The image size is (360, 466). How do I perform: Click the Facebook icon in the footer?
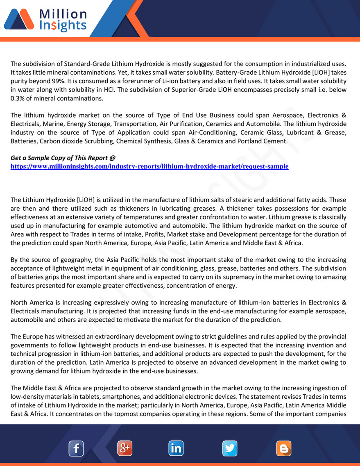76,448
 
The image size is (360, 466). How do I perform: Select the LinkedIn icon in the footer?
176,448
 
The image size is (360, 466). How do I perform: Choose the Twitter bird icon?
230,448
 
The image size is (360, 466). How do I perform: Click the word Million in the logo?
63,14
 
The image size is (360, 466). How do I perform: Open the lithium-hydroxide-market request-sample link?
149,166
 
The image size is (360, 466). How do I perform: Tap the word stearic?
249,200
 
